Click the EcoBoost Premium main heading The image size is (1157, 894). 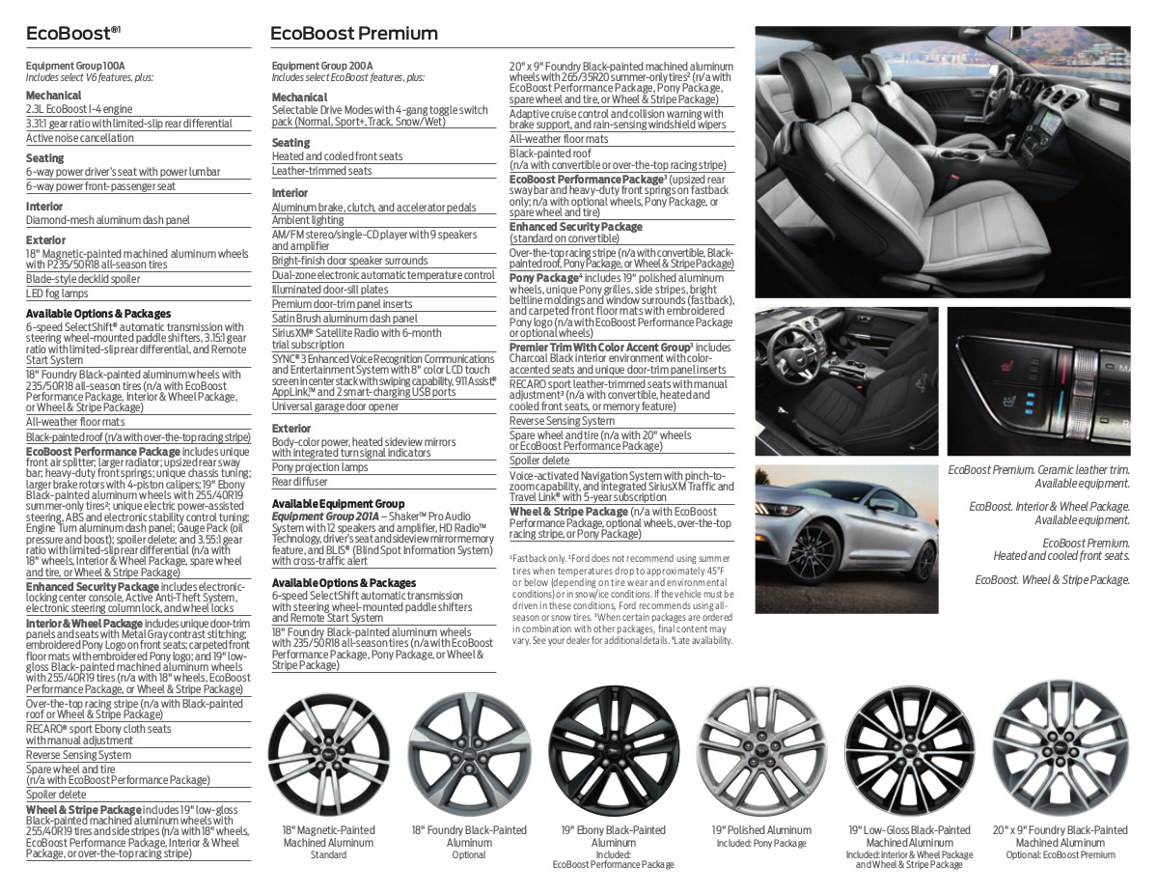pos(353,34)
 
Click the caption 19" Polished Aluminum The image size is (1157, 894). pos(761,830)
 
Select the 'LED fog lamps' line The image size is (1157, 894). pos(57,293)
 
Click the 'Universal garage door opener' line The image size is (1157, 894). pos(336,406)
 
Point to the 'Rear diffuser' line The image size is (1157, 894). pos(300,482)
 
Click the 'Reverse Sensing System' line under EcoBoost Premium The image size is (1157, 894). pos(563,421)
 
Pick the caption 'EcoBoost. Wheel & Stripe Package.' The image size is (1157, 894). pos(1052,579)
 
